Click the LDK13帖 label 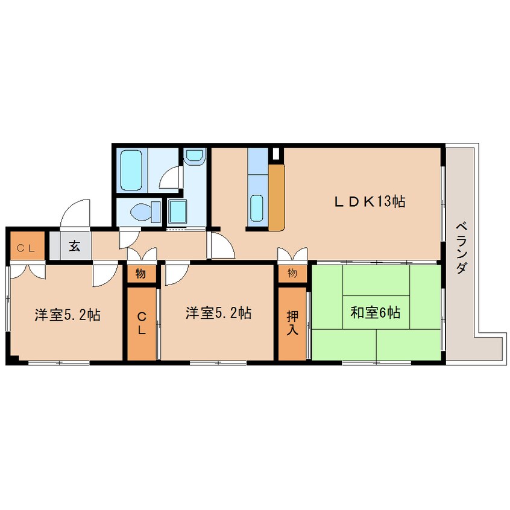[370, 202]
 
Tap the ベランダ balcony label [461, 248]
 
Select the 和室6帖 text [376, 313]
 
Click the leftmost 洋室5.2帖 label [67, 314]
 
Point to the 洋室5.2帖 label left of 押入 [218, 313]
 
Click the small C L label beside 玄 [25, 247]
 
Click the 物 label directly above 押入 [292, 273]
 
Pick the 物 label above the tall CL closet [140, 274]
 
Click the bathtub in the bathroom [132, 169]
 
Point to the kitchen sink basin [257, 208]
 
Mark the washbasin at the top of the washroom [195, 156]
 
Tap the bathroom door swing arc [172, 177]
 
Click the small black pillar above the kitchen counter [276, 153]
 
